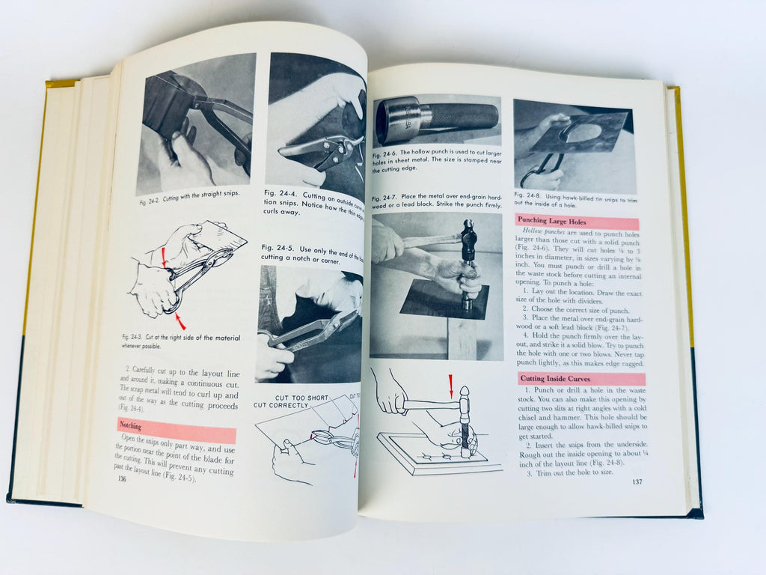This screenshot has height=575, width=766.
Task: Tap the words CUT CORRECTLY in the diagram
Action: (x=281, y=406)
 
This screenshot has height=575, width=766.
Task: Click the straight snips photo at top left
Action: (x=196, y=124)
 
